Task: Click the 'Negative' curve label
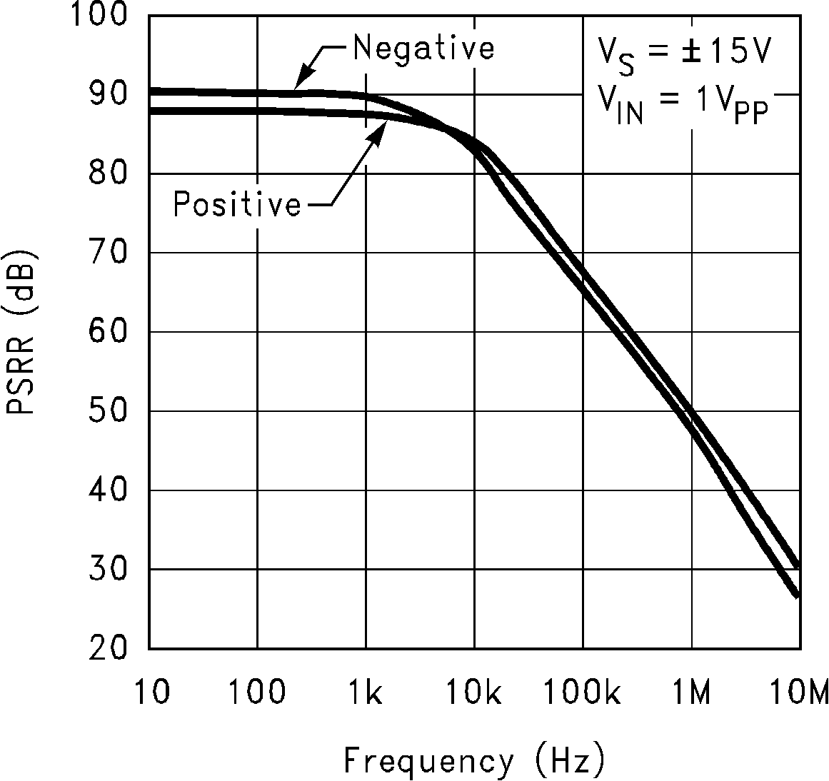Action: tap(423, 49)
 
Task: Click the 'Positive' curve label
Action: tap(237, 205)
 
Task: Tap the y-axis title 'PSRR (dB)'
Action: tap(21, 333)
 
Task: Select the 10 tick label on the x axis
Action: tap(151, 692)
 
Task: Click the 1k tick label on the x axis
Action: tap(366, 692)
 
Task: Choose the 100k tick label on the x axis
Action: tap(582, 692)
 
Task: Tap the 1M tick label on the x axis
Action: tap(691, 692)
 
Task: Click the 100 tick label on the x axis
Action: tap(258, 692)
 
